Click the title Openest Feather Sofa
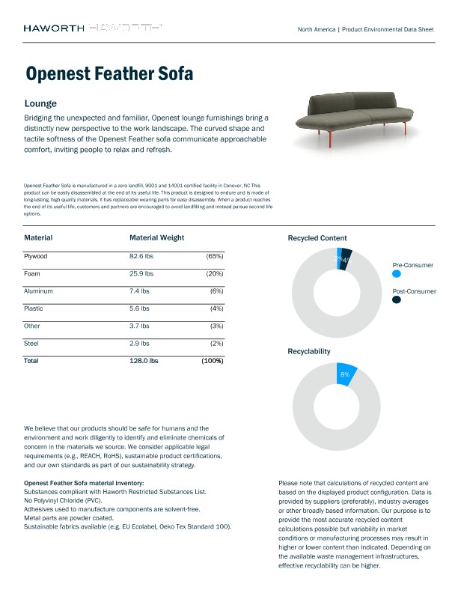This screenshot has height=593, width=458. click(x=109, y=73)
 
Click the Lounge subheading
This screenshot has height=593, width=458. click(x=40, y=103)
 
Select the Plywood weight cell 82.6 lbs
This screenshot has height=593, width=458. click(x=144, y=256)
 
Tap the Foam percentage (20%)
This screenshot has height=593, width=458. click(x=215, y=273)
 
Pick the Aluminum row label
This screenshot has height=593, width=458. click(x=38, y=291)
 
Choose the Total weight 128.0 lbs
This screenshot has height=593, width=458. click(x=144, y=360)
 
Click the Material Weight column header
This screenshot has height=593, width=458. click(x=156, y=237)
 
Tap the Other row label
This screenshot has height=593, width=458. click(x=32, y=325)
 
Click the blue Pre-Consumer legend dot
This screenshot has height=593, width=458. click(x=396, y=275)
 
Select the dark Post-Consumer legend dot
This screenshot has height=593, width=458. click(x=396, y=299)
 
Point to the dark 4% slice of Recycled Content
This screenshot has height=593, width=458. click(x=346, y=260)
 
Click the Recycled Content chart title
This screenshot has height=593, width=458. click(x=317, y=238)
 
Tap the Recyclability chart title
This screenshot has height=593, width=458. click(x=309, y=350)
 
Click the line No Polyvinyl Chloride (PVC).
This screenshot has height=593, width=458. click(x=63, y=500)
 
